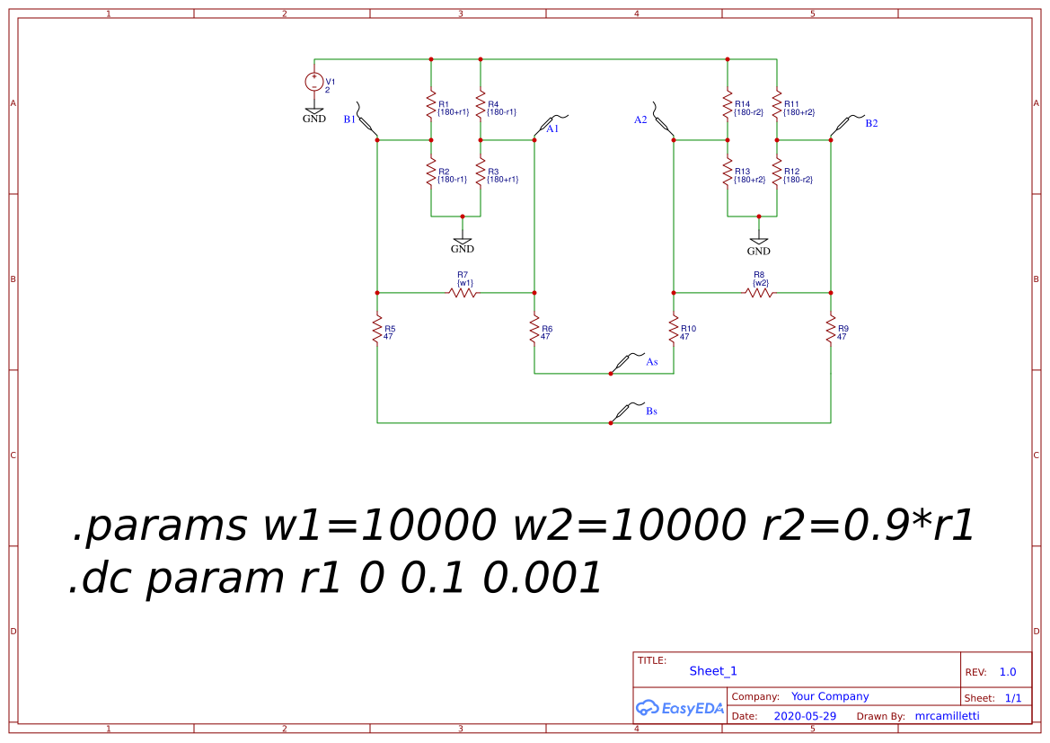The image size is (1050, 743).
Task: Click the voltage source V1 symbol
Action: click(x=314, y=82)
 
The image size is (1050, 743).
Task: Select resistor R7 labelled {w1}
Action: click(x=463, y=293)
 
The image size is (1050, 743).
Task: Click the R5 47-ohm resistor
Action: click(x=377, y=330)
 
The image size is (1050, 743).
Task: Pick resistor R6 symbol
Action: click(x=534, y=330)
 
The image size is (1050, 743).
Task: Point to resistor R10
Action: click(x=674, y=330)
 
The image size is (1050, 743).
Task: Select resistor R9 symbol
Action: click(x=831, y=330)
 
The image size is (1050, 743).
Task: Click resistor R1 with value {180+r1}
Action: click(x=431, y=105)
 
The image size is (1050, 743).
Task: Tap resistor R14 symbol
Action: click(x=728, y=105)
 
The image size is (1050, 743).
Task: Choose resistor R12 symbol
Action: click(x=777, y=172)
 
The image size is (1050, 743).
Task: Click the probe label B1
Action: click(x=349, y=119)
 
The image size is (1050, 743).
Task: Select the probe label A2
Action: click(x=640, y=119)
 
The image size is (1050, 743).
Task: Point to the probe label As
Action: click(x=652, y=362)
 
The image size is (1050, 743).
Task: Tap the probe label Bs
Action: click(x=651, y=411)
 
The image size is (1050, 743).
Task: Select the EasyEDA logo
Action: click(x=680, y=708)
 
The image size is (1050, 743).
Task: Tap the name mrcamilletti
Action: click(x=947, y=716)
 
